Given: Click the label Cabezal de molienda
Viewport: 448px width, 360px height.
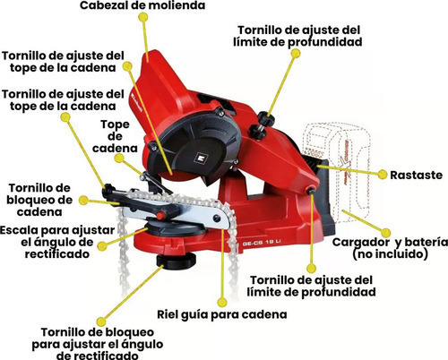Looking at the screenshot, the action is tap(142, 5).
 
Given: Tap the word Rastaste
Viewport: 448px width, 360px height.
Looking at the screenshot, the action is tap(416, 175).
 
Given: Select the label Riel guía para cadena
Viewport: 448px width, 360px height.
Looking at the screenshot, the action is tap(222, 314).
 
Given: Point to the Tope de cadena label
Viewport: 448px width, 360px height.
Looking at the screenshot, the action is tap(115, 136).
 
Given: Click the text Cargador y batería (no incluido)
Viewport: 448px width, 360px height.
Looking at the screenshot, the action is tap(390, 248).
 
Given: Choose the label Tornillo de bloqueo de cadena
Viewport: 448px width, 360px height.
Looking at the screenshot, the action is tap(39, 200).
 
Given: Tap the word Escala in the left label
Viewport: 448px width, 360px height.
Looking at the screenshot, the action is tap(19, 230).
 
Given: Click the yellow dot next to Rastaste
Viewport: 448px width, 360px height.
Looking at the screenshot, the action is tap(383, 175).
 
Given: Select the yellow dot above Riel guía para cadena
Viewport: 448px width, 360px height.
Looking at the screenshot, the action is tap(222, 302).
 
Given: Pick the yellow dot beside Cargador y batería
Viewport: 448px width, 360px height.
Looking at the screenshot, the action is tap(386, 233).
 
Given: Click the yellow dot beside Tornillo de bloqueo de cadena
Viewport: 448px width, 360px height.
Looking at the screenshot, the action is tap(83, 200).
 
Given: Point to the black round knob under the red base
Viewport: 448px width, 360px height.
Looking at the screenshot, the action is tap(177, 261).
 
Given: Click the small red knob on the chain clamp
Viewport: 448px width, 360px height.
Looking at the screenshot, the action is tap(161, 216).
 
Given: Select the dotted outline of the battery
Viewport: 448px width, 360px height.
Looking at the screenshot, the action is tap(337, 173).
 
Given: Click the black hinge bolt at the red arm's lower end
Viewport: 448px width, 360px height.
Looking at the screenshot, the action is tap(312, 191).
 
